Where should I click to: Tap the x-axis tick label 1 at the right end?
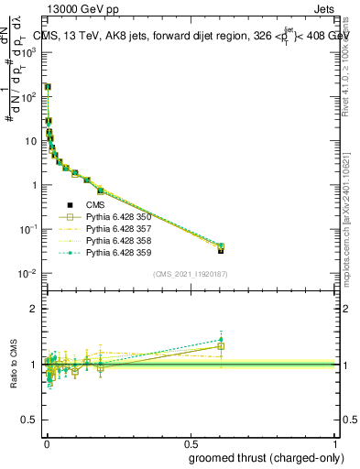[x=335, y=442]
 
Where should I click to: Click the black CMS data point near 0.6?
[x=221, y=249]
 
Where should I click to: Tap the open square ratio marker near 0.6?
[x=221, y=346]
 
